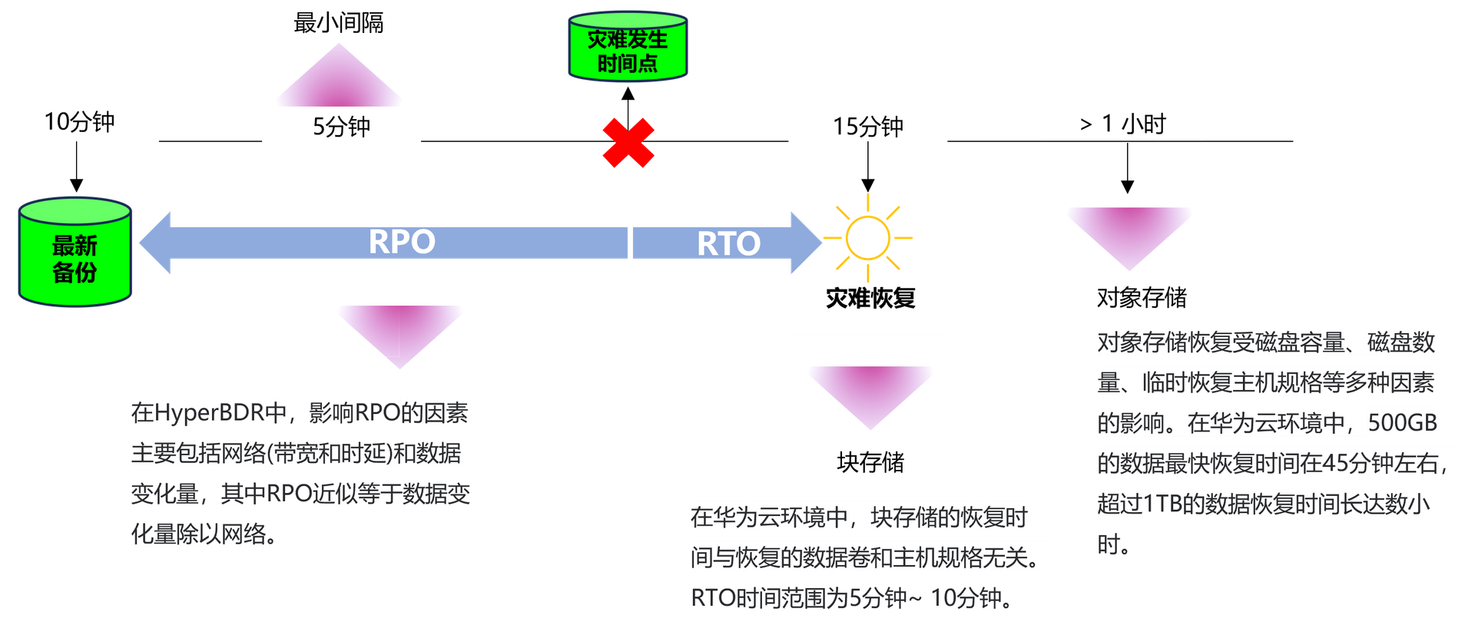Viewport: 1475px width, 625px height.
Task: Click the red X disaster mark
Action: (628, 143)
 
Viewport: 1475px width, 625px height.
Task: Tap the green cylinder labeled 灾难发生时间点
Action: (627, 48)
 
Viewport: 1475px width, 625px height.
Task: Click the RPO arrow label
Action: (402, 242)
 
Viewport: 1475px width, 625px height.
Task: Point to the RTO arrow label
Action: (728, 243)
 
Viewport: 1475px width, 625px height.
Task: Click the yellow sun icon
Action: (867, 236)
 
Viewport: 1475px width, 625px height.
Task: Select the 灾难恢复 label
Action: (870, 298)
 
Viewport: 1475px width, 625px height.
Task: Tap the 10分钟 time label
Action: (80, 123)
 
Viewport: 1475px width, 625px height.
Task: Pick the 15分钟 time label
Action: (868, 127)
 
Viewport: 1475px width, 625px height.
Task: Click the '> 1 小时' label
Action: (1122, 124)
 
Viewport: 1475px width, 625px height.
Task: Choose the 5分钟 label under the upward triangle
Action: (342, 127)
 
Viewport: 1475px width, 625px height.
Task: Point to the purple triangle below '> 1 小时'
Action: (1129, 233)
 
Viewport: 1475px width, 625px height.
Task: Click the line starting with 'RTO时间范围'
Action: (857, 598)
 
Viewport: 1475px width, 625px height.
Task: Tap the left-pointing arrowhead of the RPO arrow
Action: (156, 243)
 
